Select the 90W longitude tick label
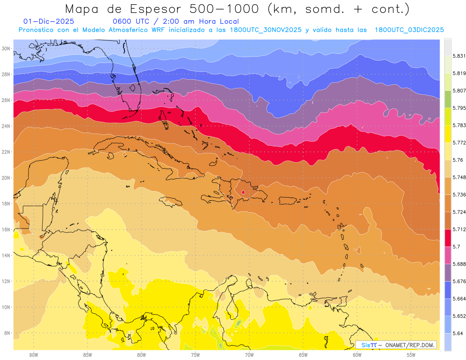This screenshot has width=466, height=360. click(x=33, y=355)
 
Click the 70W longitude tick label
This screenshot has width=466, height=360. click(x=249, y=355)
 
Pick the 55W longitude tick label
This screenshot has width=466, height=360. click(x=411, y=355)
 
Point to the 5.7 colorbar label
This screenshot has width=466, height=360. click(x=454, y=247)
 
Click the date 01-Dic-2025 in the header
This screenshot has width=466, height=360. click(x=49, y=22)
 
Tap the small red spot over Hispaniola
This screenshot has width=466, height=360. click(x=243, y=192)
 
